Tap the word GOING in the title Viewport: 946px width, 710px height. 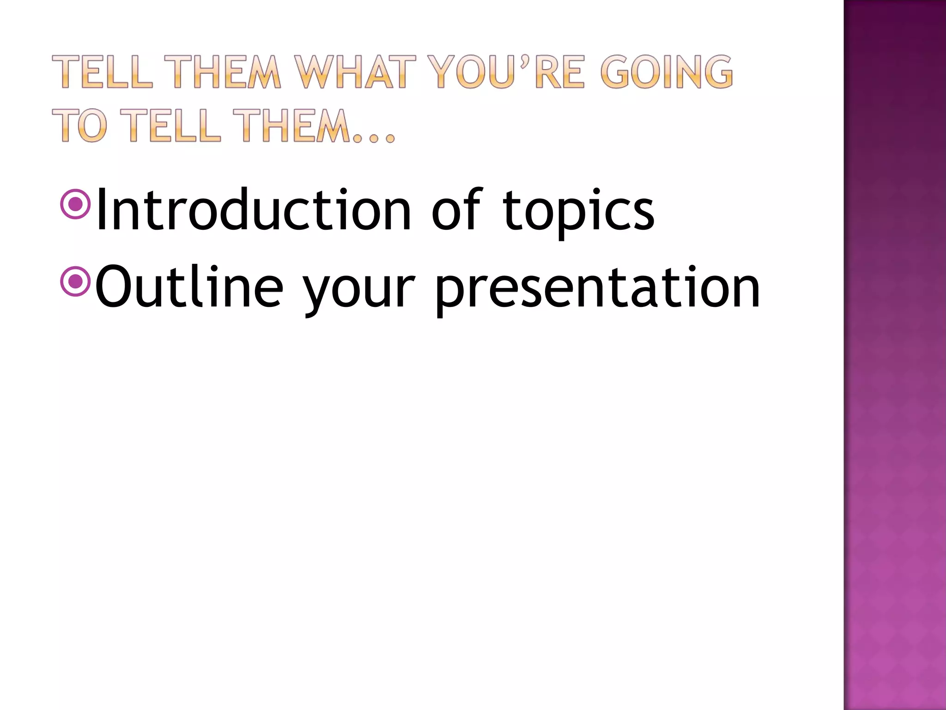tap(667, 72)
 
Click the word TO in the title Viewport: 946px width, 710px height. tap(79, 125)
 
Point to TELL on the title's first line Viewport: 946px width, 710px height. tap(102, 72)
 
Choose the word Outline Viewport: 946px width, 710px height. tap(189, 288)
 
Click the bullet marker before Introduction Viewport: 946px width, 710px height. tap(75, 204)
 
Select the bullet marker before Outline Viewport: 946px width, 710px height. tap(75, 281)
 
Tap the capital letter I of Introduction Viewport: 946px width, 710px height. tap(100, 209)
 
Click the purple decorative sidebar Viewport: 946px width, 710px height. tap(895, 355)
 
